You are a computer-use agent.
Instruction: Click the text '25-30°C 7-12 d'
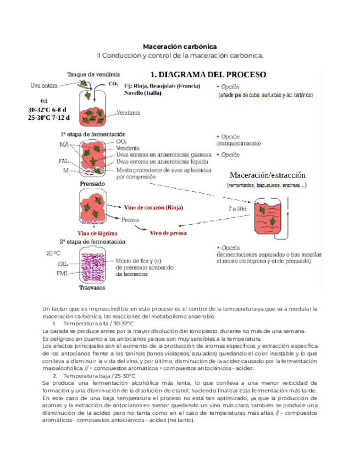point(49,118)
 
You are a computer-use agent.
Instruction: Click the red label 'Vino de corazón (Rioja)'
point(153,208)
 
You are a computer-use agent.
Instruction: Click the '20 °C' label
point(53,254)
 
